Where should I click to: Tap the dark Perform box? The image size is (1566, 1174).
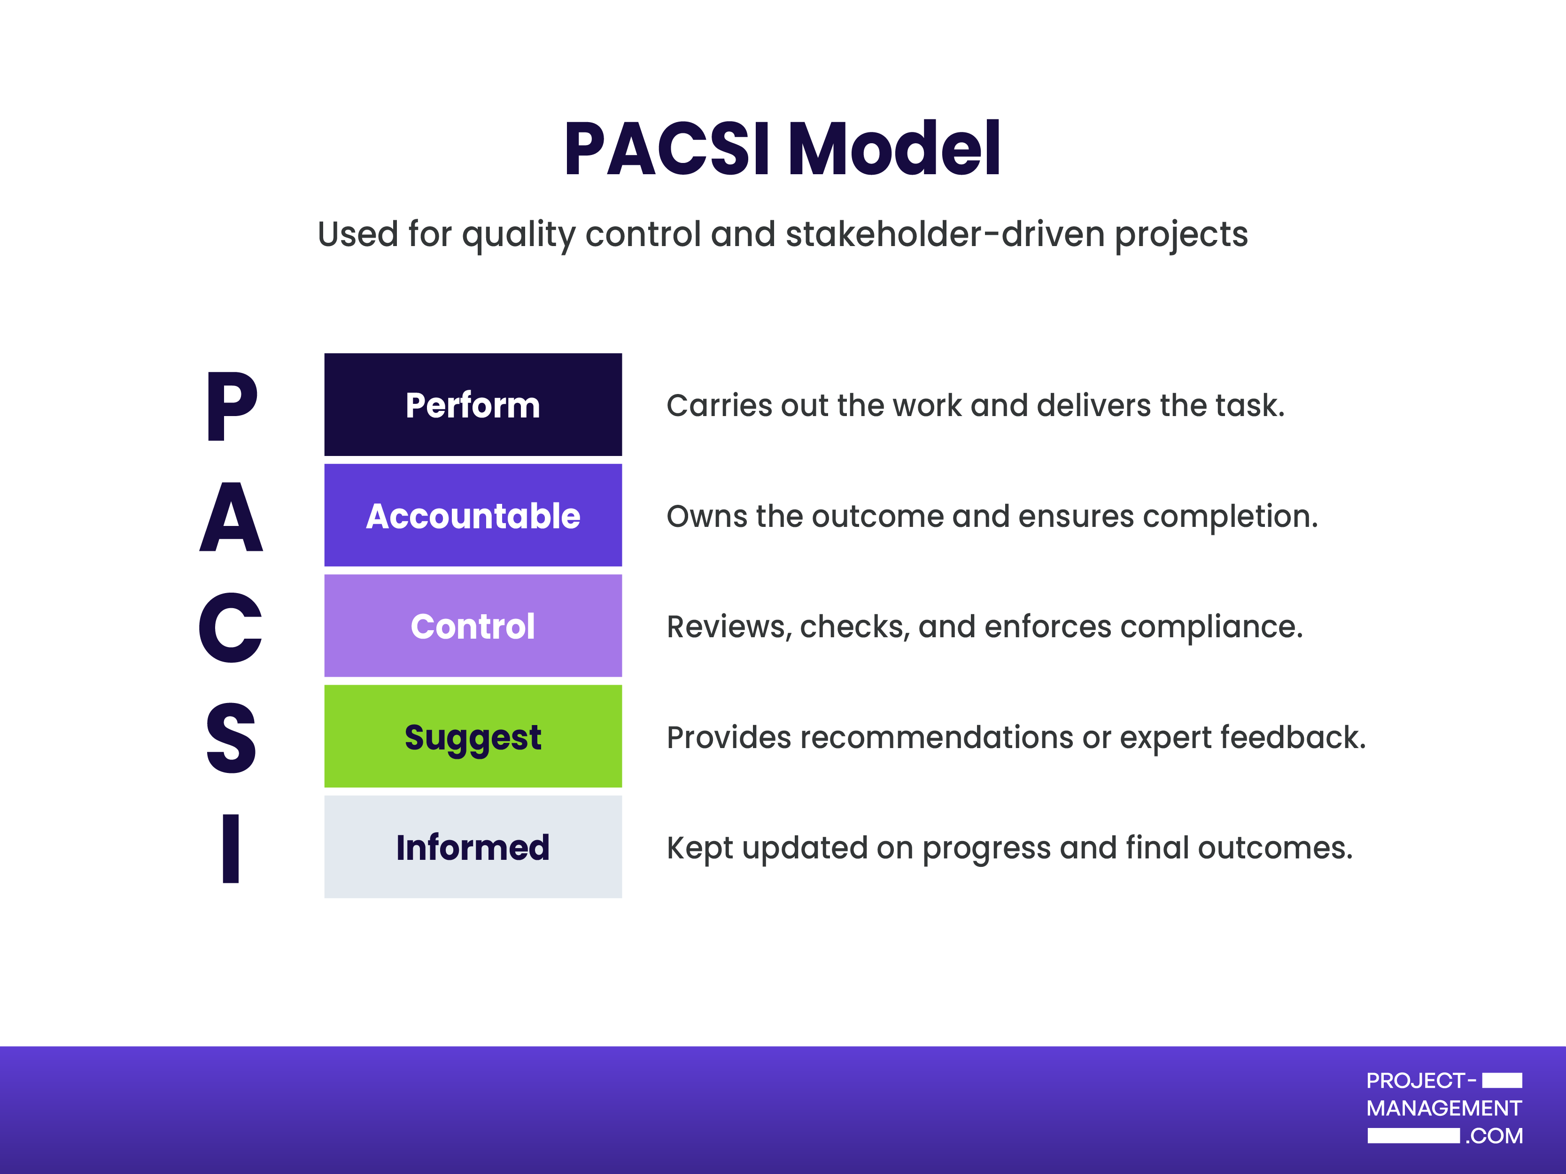pyautogui.click(x=473, y=405)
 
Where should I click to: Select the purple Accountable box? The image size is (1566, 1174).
pyautogui.click(x=473, y=515)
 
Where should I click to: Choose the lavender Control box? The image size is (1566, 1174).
pyautogui.click(x=473, y=626)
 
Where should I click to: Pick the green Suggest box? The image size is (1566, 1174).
pyautogui.click(x=473, y=736)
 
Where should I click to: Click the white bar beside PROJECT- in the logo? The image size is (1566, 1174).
pyautogui.click(x=1502, y=1080)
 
